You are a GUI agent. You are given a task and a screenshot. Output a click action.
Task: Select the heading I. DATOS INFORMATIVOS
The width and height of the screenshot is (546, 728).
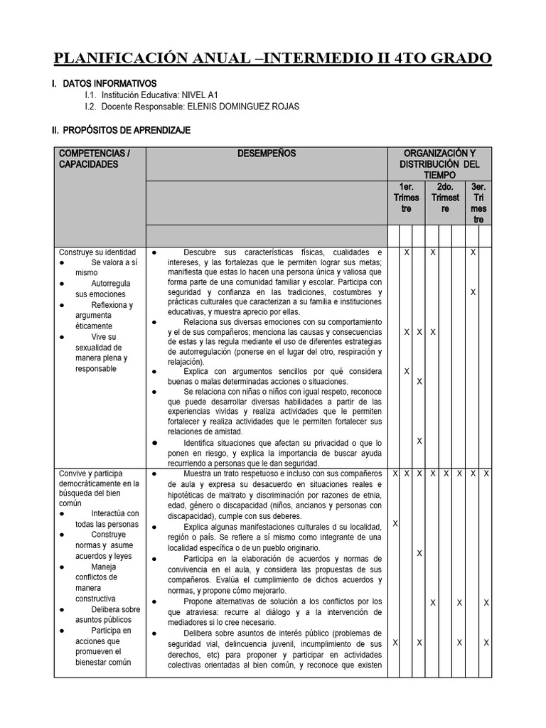pyautogui.click(x=104, y=84)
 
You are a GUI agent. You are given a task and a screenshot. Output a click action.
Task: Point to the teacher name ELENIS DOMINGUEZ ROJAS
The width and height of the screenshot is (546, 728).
pyautogui.click(x=244, y=107)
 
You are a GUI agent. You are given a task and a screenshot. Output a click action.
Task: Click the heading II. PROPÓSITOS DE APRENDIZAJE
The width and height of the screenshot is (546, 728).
pyautogui.click(x=121, y=131)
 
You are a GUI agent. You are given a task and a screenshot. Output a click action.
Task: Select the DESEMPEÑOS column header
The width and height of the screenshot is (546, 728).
pyautogui.click(x=267, y=154)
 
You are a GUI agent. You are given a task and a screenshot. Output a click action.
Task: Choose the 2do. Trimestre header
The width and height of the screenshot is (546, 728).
pyautogui.click(x=445, y=198)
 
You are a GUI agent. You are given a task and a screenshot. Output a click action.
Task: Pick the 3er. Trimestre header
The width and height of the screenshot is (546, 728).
pyautogui.click(x=478, y=203)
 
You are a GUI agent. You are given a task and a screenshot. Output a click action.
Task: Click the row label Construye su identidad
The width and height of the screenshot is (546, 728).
pyautogui.click(x=97, y=252)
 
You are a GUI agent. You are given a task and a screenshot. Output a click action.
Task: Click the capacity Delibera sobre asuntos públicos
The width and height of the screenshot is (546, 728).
pyautogui.click(x=107, y=614)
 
